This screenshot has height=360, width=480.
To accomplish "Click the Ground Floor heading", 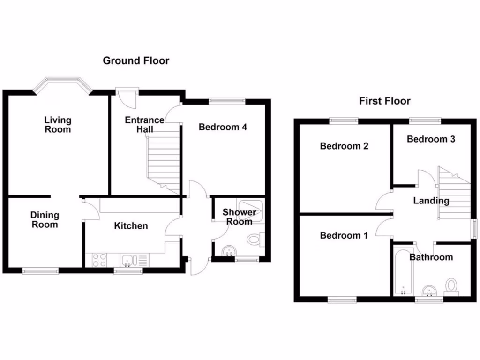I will (x=136, y=60).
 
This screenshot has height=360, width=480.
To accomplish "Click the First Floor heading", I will (x=384, y=101).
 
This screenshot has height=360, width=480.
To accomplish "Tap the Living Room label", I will (x=58, y=125).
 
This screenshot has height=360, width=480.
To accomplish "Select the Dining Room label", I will (x=45, y=220).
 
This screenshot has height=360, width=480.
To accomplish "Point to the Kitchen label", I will (x=131, y=226).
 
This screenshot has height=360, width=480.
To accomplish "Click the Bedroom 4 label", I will (x=223, y=127).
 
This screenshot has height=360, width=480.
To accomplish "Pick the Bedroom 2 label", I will (x=344, y=146).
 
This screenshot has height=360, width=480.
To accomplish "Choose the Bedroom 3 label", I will (x=431, y=139).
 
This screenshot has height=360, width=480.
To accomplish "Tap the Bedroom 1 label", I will (x=344, y=235).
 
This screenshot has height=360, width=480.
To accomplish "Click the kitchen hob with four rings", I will (x=99, y=260).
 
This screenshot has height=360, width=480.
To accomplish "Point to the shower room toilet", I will (x=255, y=240).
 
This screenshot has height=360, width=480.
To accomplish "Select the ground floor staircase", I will (x=164, y=162).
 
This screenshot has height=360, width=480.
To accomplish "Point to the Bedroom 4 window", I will (x=227, y=100).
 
